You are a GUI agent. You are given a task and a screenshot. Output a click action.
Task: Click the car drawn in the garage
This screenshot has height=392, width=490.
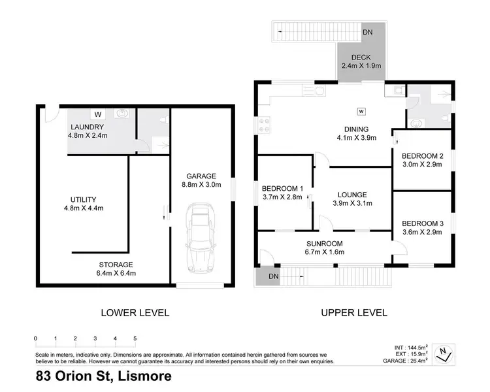point(201,238)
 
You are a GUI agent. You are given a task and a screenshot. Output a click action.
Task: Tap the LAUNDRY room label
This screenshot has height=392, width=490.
point(87,127)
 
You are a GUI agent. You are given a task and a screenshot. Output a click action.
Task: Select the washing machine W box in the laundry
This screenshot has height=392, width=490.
point(98,114)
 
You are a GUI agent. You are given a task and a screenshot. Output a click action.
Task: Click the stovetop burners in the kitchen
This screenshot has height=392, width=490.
point(265,125)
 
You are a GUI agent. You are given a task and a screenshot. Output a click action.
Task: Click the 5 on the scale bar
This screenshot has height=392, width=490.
point(135,338)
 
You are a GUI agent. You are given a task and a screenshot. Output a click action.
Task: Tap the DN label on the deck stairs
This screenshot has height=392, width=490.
point(368,32)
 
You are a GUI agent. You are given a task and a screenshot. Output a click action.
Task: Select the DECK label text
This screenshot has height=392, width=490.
point(361,57)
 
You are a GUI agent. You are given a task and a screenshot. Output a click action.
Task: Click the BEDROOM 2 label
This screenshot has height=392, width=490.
point(423,156)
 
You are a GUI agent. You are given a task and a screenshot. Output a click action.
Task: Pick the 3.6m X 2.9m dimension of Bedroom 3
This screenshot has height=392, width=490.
point(422,232)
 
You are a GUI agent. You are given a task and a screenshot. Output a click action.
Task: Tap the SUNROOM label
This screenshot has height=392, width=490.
point(324,244)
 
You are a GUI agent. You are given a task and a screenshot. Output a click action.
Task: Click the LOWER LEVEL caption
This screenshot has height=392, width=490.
point(135,312)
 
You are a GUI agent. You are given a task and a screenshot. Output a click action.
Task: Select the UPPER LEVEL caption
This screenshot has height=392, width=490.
point(354,312)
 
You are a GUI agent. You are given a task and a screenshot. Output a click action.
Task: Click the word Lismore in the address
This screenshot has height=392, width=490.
point(144,376)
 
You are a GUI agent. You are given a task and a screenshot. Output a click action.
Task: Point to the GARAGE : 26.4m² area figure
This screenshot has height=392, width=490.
point(405,361)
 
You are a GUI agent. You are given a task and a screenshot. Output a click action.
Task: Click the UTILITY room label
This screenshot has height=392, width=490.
point(83,200)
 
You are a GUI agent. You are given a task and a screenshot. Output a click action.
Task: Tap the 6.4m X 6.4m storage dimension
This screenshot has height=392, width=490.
point(116,273)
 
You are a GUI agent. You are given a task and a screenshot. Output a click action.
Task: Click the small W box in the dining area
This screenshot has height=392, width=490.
point(361,111)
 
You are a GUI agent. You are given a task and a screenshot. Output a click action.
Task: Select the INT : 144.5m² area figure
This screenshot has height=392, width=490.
point(411,348)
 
